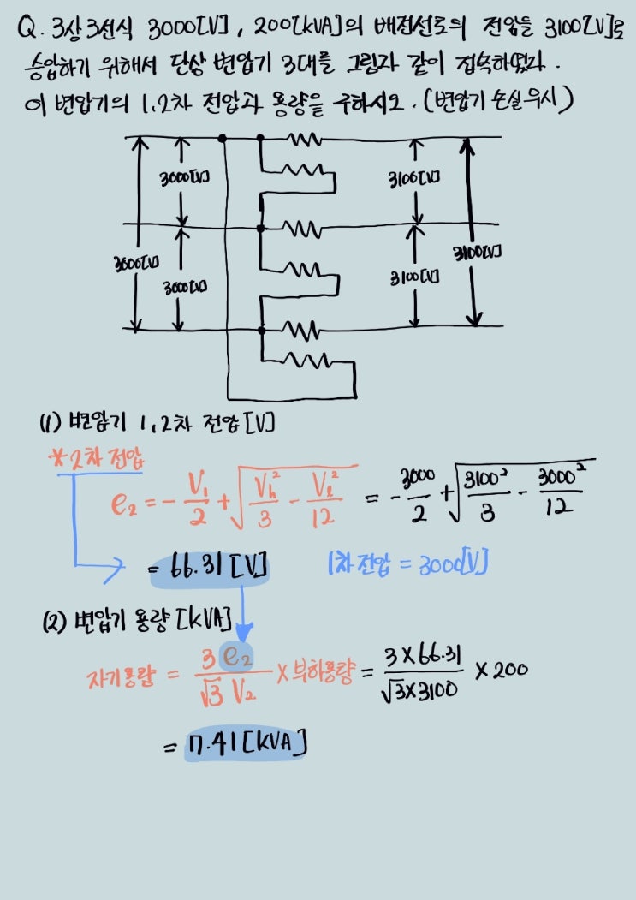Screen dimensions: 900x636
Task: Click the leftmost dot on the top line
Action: click(223, 137)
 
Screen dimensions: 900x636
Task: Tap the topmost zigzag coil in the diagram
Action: click(303, 138)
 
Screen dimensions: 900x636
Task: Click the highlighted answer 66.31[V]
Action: click(211, 566)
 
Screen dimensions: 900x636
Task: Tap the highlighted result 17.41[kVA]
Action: click(247, 743)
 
